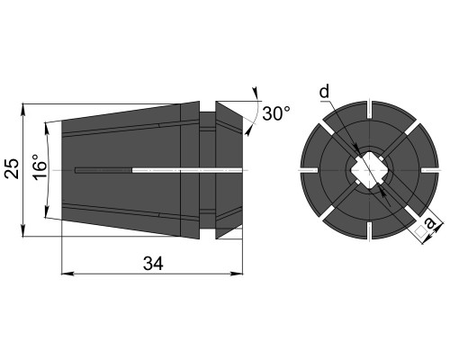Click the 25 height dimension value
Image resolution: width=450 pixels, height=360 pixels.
tap(12, 168)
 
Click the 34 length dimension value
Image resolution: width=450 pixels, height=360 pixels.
tap(153, 264)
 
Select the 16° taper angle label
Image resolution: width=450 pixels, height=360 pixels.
tap(40, 167)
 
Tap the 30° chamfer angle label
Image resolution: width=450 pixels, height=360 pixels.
tap(276, 113)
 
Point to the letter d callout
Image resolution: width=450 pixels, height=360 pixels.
tap(324, 92)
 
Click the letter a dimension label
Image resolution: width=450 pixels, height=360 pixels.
tap(431, 223)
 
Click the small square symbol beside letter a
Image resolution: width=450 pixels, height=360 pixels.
tap(420, 231)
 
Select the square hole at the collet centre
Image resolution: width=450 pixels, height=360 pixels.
tap(369, 170)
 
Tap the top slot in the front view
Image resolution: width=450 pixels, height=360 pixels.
tap(369, 110)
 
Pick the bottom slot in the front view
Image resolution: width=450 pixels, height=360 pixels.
tap(369, 230)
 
